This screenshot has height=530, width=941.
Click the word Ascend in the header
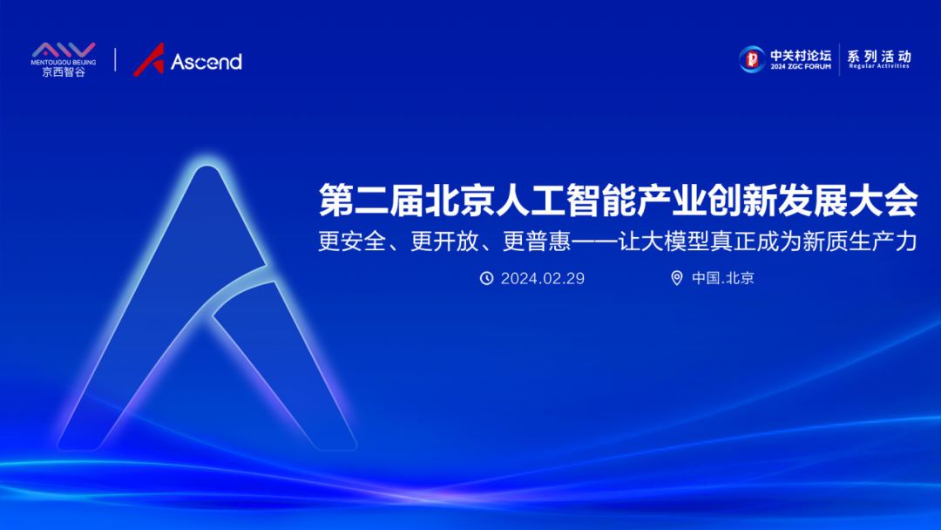206,62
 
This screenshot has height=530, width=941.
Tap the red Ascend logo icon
149,59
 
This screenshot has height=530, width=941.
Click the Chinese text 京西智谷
64,72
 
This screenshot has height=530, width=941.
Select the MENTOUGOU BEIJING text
64,63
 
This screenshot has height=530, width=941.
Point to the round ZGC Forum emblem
752,58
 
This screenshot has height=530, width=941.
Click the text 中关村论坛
801,54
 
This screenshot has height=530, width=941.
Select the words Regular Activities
879,66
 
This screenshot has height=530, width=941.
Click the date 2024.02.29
542,278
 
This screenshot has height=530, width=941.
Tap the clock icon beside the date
487,278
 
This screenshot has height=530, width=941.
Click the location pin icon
677,278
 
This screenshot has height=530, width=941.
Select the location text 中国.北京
723,278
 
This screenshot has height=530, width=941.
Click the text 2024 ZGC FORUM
800,65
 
